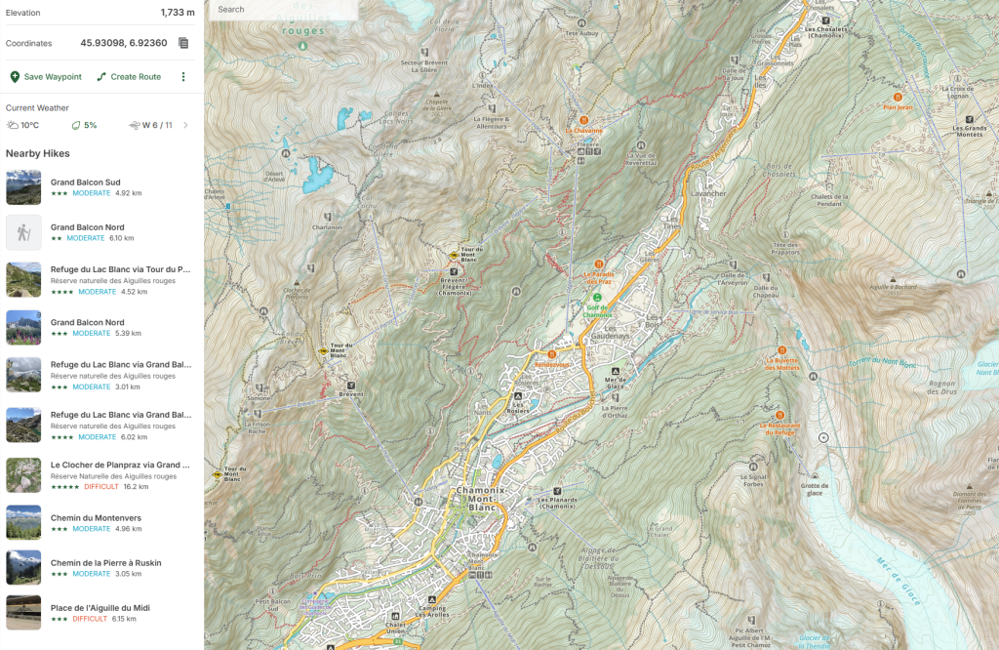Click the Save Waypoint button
(46, 77)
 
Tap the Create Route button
(129, 77)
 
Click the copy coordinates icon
(183, 43)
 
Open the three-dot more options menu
(182, 77)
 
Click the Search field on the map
(283, 10)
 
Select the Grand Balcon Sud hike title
(86, 182)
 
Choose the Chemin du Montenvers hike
(92, 517)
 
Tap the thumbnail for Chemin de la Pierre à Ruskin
(23, 567)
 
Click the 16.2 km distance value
(136, 486)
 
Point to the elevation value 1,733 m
(178, 13)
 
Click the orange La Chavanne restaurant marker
(584, 119)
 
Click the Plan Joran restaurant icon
(897, 97)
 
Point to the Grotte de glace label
(814, 489)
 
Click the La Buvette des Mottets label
(781, 364)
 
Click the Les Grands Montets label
(969, 132)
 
